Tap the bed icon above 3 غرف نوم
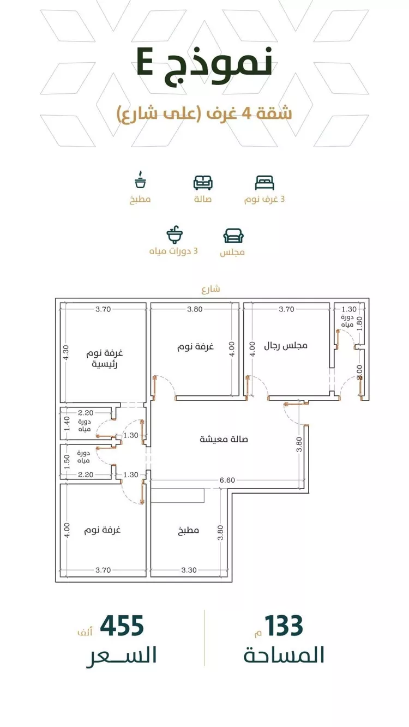point(264,183)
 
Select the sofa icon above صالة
point(203,183)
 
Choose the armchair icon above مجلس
point(233,236)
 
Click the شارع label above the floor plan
point(210,289)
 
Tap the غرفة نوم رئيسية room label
point(105,358)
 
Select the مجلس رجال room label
point(286,345)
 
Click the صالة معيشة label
point(224,439)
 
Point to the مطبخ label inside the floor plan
point(188,530)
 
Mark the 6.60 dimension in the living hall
point(227,480)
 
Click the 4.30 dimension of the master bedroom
point(65,352)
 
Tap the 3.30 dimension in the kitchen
point(189,570)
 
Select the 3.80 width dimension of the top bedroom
point(195,309)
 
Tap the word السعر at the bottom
point(122,656)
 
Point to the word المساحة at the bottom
point(284,655)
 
